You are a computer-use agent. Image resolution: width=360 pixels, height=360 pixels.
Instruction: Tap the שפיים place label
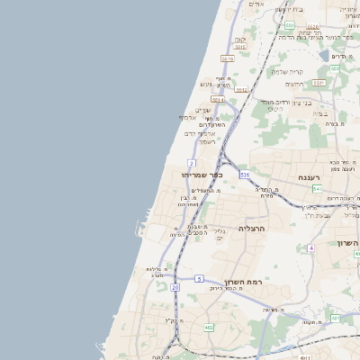tap(203, 110)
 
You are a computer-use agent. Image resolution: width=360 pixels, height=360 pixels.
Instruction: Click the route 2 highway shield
tap(192, 163)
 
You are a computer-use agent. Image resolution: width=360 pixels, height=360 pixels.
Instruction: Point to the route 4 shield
tap(310, 247)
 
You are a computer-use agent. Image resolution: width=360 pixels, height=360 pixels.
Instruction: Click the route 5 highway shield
tap(199, 279)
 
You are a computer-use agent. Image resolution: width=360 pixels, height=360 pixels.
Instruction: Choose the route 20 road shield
tap(175, 286)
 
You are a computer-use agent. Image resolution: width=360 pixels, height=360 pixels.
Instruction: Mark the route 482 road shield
tap(209, 327)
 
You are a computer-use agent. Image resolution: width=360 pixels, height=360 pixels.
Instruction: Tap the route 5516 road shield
tap(228, 58)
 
